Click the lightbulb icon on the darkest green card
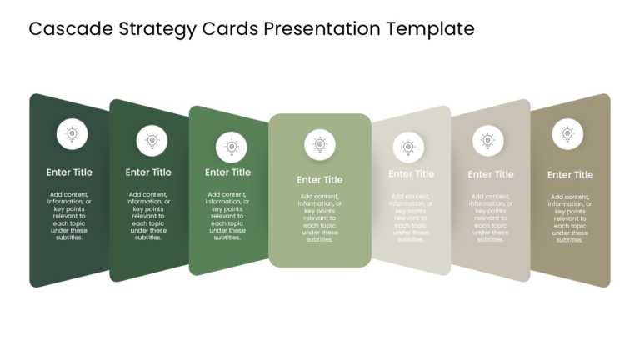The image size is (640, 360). [72, 133]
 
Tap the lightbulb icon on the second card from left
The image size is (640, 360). [152, 141]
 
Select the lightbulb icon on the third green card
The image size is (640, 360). [232, 147]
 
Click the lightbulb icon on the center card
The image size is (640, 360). [320, 145]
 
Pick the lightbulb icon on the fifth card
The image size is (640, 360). [408, 147]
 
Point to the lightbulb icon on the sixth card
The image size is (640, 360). [488, 141]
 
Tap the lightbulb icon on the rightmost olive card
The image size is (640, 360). [567, 133]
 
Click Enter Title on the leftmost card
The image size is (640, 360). [69, 172]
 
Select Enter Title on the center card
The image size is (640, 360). [320, 179]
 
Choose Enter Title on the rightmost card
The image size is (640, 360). [571, 175]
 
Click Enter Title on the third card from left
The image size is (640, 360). [228, 172]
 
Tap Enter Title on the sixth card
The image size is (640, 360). [491, 174]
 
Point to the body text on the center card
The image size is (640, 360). [320, 218]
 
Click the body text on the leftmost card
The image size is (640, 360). [69, 216]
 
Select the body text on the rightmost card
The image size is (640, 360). [571, 218]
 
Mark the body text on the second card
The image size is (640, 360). [148, 216]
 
